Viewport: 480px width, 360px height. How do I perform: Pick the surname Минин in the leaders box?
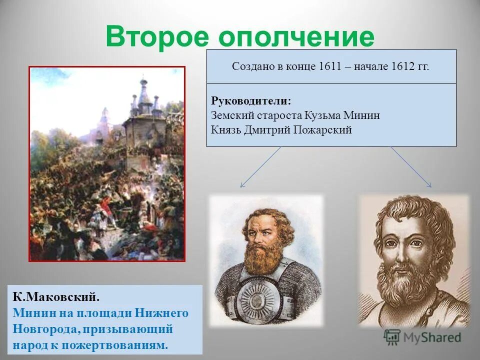click(362, 115)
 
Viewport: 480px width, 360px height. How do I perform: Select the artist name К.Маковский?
click(56, 297)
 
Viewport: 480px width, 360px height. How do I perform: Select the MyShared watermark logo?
click(422, 337)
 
